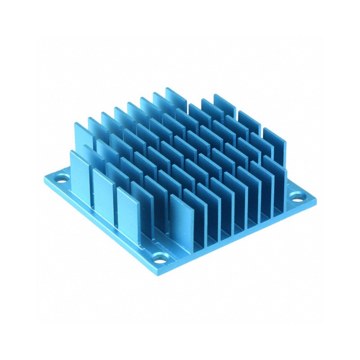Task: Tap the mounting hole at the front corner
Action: (161, 258)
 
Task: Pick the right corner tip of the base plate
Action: (316, 198)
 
